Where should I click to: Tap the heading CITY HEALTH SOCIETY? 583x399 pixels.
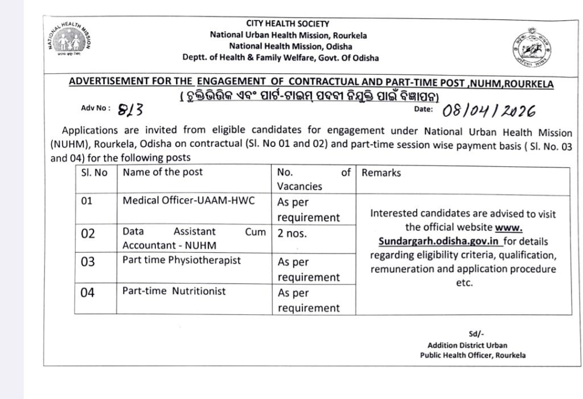pos(288,23)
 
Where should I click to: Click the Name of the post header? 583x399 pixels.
pos(163,172)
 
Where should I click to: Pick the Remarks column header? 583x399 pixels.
pos(381,172)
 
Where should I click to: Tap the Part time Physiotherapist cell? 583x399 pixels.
pos(182,260)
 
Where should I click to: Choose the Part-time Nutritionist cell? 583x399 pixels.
pos(174,291)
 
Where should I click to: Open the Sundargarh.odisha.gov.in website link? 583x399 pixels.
pos(431,241)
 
